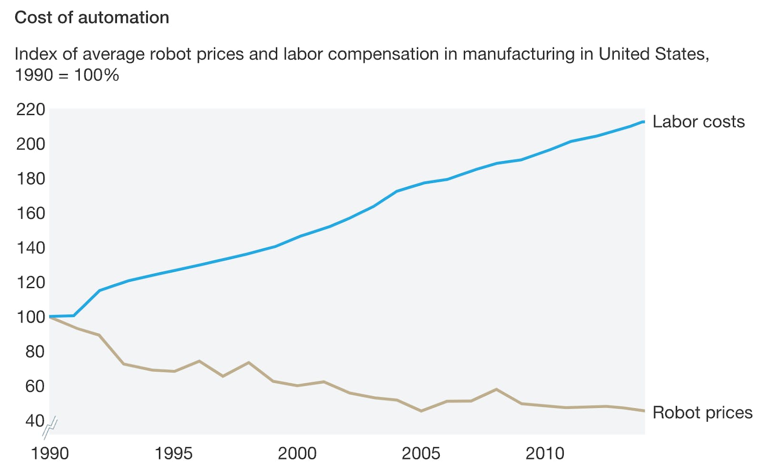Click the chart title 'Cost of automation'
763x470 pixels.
tap(92, 18)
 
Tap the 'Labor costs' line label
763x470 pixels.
tap(698, 122)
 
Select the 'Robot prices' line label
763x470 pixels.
tap(702, 413)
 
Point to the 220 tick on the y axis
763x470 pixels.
tap(31, 110)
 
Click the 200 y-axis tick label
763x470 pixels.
tap(31, 144)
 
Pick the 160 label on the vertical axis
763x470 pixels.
tap(31, 213)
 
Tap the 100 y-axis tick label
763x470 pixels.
tap(31, 317)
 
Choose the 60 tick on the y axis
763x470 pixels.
tap(34, 386)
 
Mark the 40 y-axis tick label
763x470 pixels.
tap(34, 421)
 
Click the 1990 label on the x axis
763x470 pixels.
tap(50, 453)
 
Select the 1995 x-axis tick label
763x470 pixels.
tap(173, 453)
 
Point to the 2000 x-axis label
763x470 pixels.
tap(297, 453)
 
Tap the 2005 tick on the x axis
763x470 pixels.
tap(421, 453)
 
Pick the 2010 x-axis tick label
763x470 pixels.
tap(545, 453)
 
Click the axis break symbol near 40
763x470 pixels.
tap(50, 428)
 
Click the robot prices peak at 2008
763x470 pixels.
tap(496, 389)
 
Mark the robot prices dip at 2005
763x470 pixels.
tap(421, 411)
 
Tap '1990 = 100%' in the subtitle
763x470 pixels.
tap(67, 75)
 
